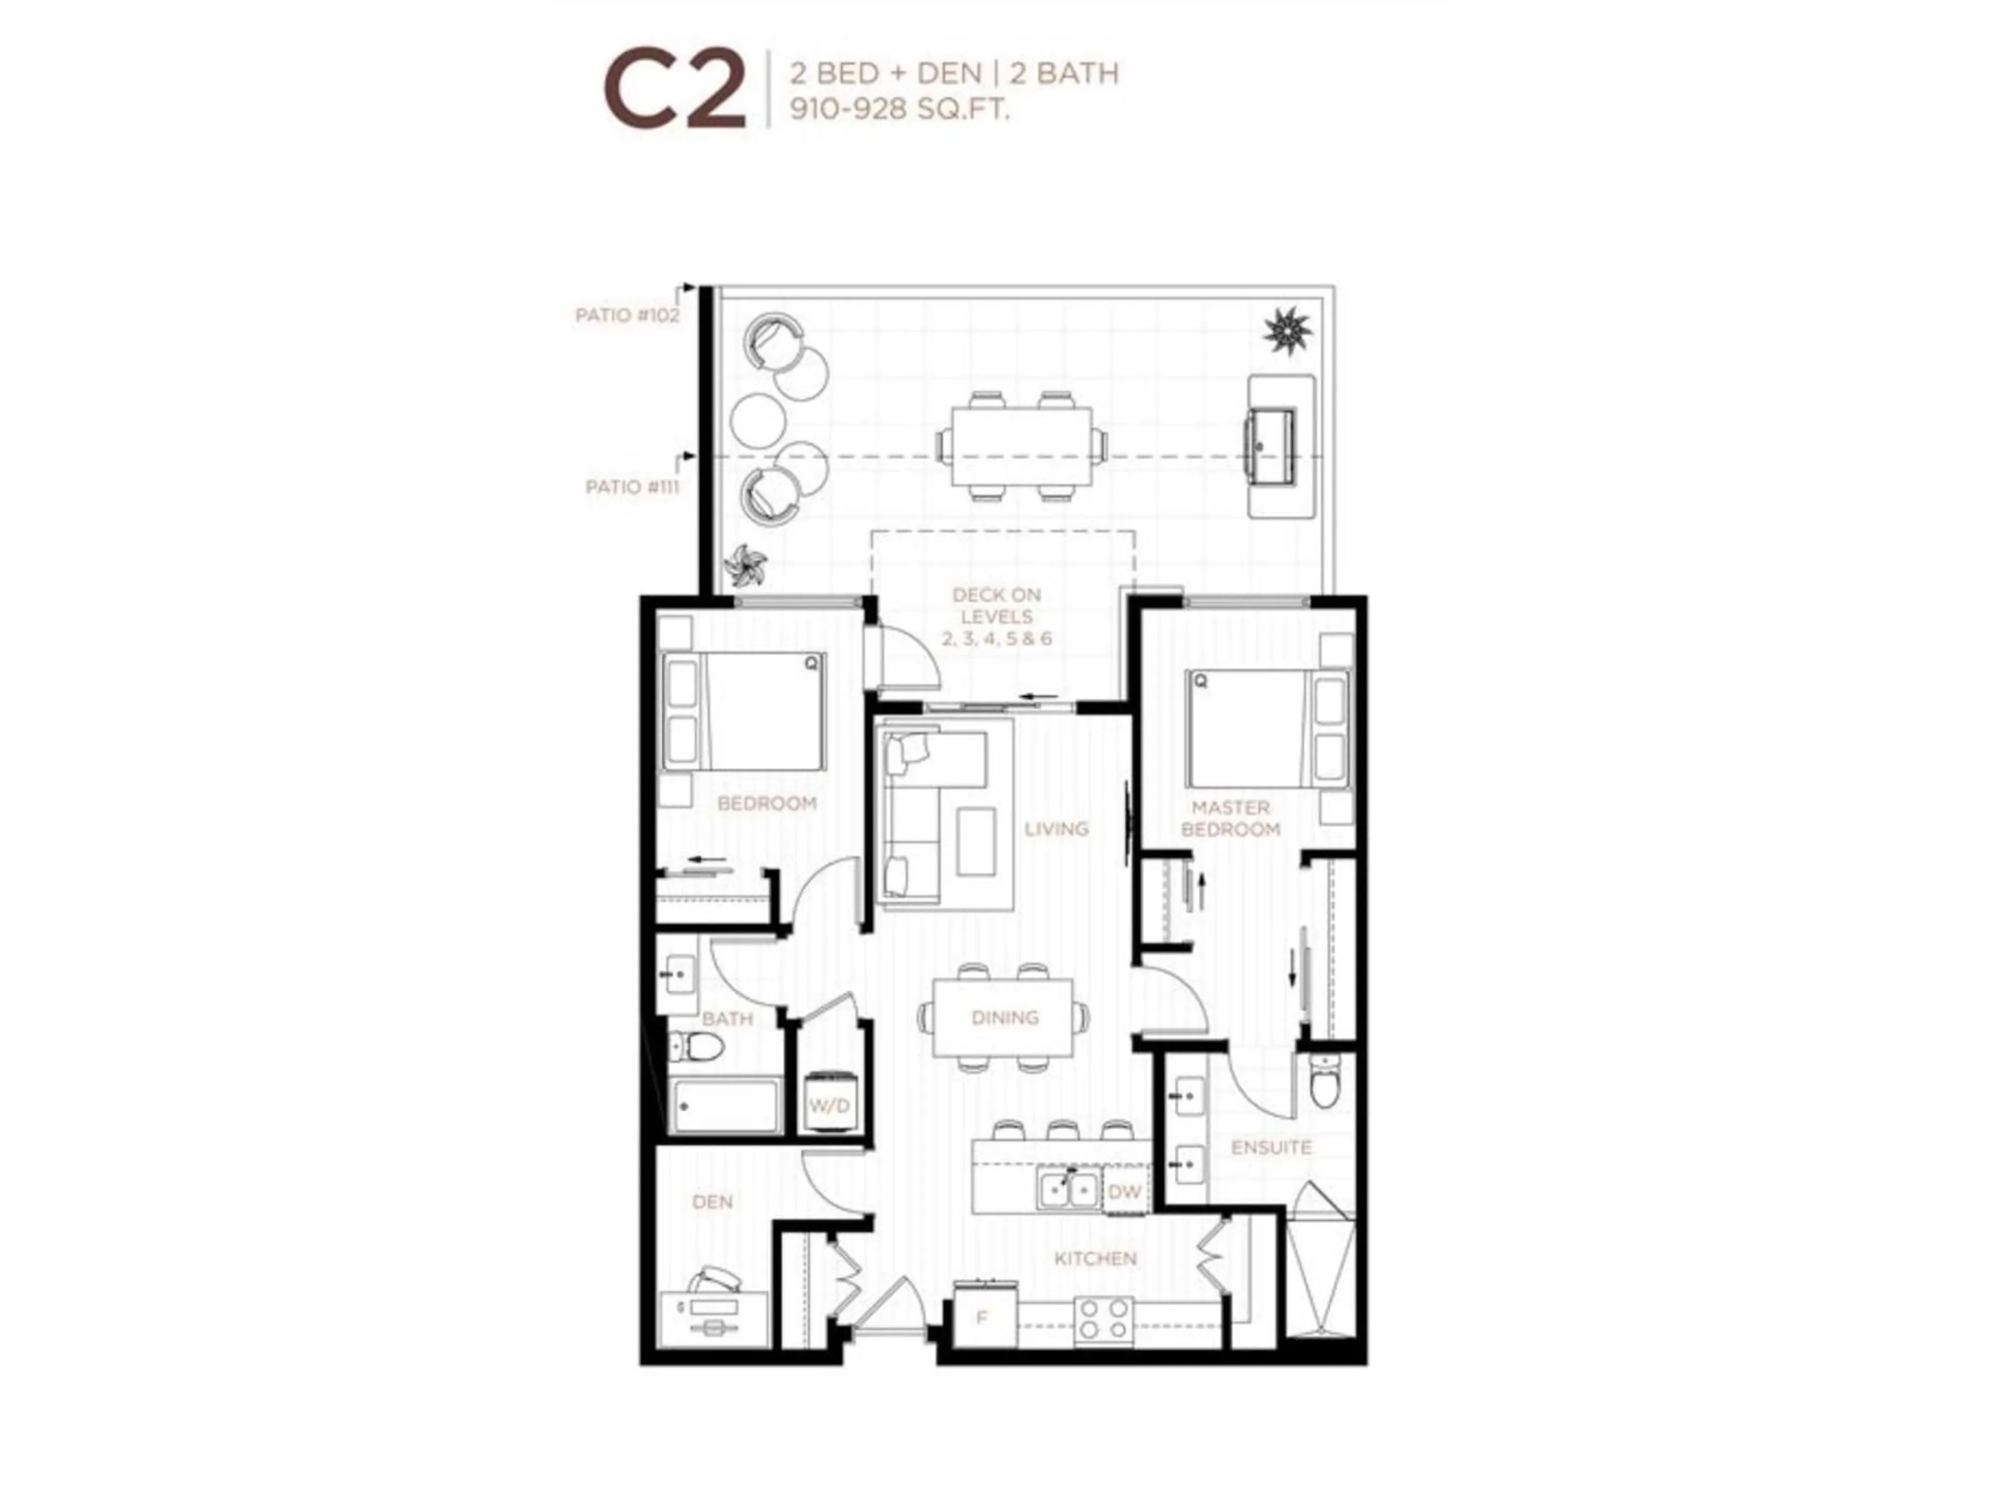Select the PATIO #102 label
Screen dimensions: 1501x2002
point(627,315)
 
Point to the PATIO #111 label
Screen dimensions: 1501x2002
point(632,487)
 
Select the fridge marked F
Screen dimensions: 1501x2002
point(983,1318)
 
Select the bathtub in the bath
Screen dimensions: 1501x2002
point(726,1105)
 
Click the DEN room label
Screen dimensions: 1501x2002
point(712,1201)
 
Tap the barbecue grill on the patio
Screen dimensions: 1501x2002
point(1270,447)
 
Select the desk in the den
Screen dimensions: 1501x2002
point(715,1318)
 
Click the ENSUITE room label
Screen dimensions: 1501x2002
point(1271,1147)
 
